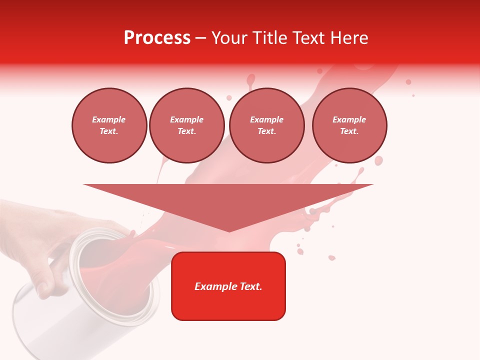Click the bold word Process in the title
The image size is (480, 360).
pos(157,38)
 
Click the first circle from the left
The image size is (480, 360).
pos(109,125)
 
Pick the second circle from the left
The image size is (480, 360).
pos(186,125)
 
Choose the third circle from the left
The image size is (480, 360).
pos(266,125)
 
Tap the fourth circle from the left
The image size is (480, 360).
pos(349,125)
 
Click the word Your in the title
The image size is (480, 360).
pos(229,38)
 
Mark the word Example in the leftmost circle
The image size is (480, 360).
pos(109,119)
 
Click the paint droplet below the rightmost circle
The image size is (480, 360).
pos(378,160)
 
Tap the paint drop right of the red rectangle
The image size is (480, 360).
pos(331,257)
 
